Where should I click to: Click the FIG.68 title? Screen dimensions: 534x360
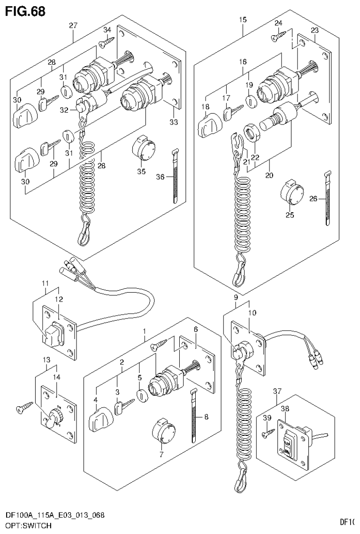pyautogui.click(x=25, y=11)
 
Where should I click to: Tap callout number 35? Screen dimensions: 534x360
pyautogui.click(x=141, y=171)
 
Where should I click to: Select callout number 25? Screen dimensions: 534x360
pyautogui.click(x=290, y=215)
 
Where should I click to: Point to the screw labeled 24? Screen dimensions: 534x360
pyautogui.click(x=279, y=35)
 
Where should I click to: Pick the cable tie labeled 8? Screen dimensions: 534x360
pyautogui.click(x=193, y=416)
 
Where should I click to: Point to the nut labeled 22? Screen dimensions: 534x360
pyautogui.click(x=252, y=132)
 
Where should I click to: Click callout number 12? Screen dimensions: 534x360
pyautogui.click(x=59, y=299)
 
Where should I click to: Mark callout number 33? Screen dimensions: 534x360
pyautogui.click(x=174, y=123)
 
